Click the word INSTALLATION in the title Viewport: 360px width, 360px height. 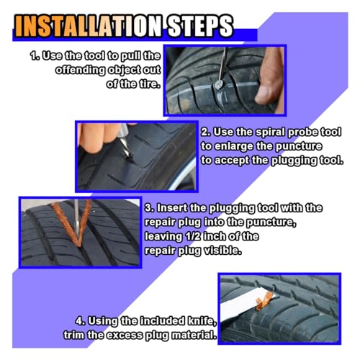pos(89,26)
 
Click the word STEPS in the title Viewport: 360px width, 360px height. pos(200,26)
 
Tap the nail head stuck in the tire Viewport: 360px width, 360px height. pos(219,84)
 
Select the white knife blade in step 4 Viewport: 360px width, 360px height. pos(245,305)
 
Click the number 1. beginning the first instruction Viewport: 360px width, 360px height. pos(35,55)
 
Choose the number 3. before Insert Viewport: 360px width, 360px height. pos(150,208)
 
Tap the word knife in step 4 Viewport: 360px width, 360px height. pos(202,321)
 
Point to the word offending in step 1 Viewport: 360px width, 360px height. pos(81,70)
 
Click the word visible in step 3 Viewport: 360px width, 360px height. pos(222,251)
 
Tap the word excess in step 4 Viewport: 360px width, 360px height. pos(125,335)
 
